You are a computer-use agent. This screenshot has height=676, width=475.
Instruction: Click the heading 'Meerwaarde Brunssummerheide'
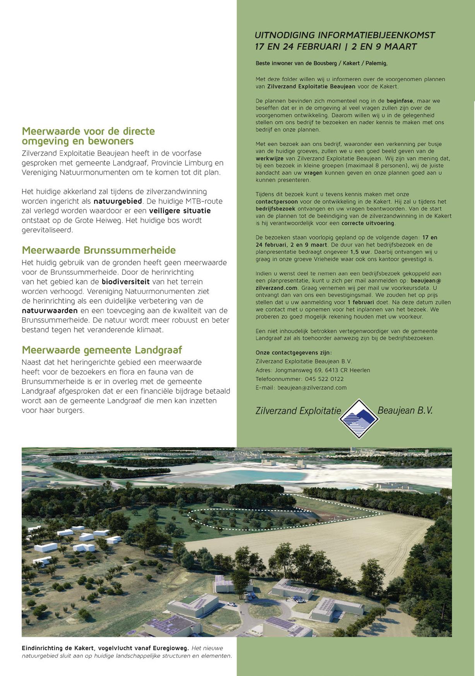(x=99, y=250)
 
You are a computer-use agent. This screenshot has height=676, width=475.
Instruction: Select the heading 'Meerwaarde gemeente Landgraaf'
(x=102, y=350)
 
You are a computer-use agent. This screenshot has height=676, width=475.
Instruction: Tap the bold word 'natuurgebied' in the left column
(x=118, y=201)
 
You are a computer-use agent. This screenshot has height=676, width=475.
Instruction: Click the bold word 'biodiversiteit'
(x=125, y=282)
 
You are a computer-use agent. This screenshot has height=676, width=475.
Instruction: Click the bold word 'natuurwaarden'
(x=50, y=311)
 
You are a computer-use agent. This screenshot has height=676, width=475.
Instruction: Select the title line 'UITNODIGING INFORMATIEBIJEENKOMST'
(x=345, y=35)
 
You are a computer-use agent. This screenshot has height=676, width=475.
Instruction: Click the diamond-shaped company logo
(x=359, y=419)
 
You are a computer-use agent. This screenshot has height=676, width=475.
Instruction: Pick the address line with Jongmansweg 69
(x=313, y=370)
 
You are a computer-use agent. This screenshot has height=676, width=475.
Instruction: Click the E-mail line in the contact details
(x=301, y=388)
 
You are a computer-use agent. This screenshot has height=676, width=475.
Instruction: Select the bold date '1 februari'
(x=361, y=302)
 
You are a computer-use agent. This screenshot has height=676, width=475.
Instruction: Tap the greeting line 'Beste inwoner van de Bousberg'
(x=321, y=63)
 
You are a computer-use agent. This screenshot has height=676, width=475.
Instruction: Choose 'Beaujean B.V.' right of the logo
(x=405, y=410)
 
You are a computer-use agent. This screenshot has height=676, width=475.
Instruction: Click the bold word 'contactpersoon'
(x=277, y=202)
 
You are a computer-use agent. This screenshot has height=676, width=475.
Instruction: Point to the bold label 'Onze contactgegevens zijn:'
(x=294, y=353)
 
